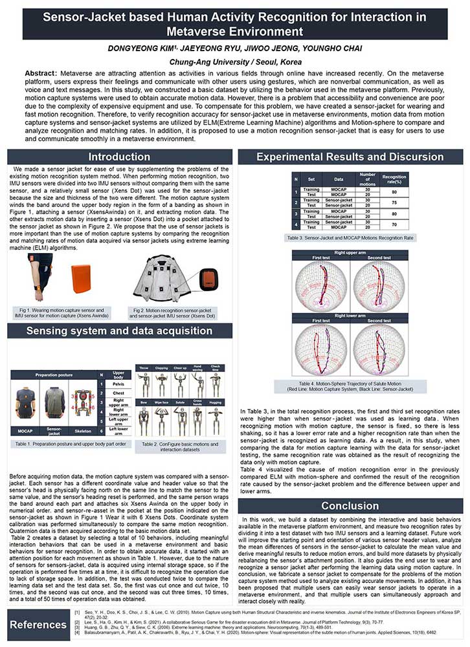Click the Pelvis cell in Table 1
pyautogui.click(x=118, y=383)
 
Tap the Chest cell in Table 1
pyautogui.click(x=118, y=393)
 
